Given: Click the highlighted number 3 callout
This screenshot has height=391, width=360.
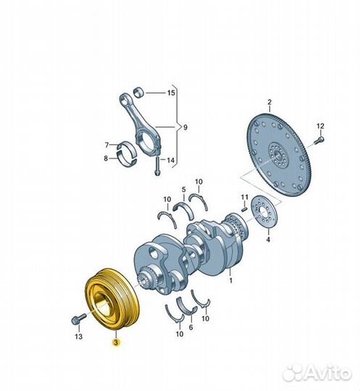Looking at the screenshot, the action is pyautogui.click(x=116, y=342).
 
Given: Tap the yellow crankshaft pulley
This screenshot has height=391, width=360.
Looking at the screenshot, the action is pyautogui.click(x=112, y=299).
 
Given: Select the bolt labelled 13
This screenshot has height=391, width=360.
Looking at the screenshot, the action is pyautogui.click(x=78, y=319).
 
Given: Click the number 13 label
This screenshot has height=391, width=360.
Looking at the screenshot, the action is pyautogui.click(x=78, y=337).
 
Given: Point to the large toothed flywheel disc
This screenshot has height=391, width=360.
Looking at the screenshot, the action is pyautogui.click(x=279, y=156).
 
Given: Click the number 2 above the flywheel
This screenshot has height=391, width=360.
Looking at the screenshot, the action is pyautogui.click(x=269, y=102).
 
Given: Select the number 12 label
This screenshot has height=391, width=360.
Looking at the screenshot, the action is pyautogui.click(x=320, y=126).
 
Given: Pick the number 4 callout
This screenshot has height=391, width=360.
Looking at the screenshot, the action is pyautogui.click(x=268, y=240).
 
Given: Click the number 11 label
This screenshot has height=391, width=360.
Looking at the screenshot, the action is pyautogui.click(x=245, y=197).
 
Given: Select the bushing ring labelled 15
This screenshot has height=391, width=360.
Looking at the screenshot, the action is pyautogui.click(x=139, y=93).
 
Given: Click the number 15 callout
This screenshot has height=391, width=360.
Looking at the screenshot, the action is pyautogui.click(x=171, y=93).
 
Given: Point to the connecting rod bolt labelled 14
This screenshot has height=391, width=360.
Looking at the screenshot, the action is pyautogui.click(x=157, y=166).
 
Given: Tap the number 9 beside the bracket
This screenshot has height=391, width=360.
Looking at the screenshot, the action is pyautogui.click(x=185, y=127).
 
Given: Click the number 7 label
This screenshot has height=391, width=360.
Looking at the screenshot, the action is pyautogui.click(x=106, y=145).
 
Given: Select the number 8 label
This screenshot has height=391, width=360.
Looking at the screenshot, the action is pyautogui.click(x=106, y=158).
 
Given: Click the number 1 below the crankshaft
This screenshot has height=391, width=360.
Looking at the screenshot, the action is pyautogui.click(x=231, y=280).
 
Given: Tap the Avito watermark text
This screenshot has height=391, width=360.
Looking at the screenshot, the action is pyautogui.click(x=328, y=373).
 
